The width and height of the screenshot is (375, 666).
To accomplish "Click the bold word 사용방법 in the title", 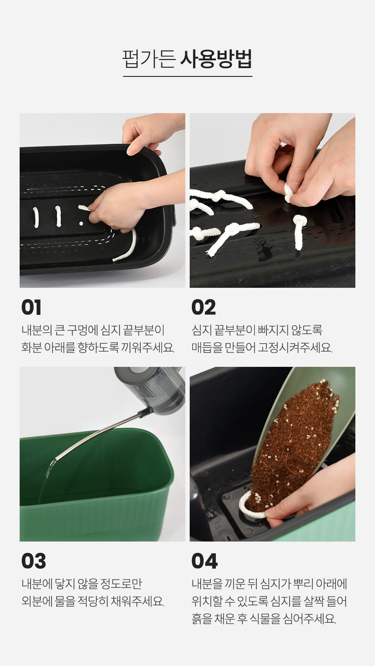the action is click(216, 59).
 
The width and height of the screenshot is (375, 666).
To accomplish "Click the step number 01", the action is click(31, 307).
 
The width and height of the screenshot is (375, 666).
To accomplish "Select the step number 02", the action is click(203, 307).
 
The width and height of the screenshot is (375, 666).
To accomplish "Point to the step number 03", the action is click(34, 561).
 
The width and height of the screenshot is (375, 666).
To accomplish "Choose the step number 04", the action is click(204, 561).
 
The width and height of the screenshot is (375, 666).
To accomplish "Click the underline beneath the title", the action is click(187, 76).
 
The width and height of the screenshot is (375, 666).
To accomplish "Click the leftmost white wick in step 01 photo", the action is click(36, 217).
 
